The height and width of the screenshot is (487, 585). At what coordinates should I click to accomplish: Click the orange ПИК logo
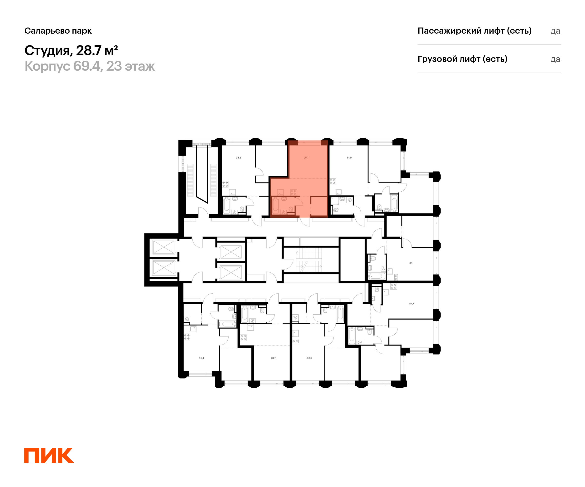point(49,455)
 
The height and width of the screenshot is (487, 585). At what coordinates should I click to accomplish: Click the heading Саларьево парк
point(58,31)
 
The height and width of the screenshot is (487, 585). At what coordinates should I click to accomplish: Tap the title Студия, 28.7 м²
point(71,51)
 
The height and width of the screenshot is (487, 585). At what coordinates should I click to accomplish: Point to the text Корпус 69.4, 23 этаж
point(89,66)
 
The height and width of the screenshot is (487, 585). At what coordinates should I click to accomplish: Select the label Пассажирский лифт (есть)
point(474,31)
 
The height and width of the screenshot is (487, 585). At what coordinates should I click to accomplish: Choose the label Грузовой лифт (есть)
point(462,59)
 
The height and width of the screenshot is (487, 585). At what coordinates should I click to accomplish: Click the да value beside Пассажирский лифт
point(555,31)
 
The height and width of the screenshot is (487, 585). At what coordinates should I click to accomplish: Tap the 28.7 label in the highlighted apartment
point(306,158)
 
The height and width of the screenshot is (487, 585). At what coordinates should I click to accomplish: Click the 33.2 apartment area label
point(238,158)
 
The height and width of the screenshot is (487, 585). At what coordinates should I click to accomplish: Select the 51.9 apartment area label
point(349,158)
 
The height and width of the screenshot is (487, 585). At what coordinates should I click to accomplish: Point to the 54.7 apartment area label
point(411,304)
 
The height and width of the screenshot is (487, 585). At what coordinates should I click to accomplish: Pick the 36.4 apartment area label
point(201,358)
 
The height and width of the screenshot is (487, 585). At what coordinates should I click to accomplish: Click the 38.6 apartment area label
point(310,358)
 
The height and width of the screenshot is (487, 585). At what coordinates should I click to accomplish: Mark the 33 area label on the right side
point(411,263)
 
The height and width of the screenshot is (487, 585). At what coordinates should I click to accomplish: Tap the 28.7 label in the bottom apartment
point(273,358)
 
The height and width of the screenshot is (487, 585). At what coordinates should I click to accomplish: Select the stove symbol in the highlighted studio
point(294,193)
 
